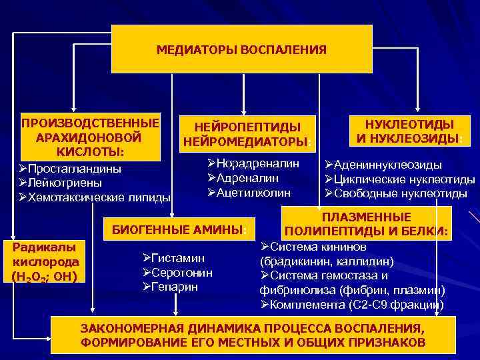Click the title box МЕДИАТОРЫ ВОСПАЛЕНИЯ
(x=241, y=49)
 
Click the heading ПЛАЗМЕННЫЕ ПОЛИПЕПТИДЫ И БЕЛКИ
(x=366, y=225)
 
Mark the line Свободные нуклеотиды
(x=400, y=193)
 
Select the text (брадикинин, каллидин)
(x=327, y=261)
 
